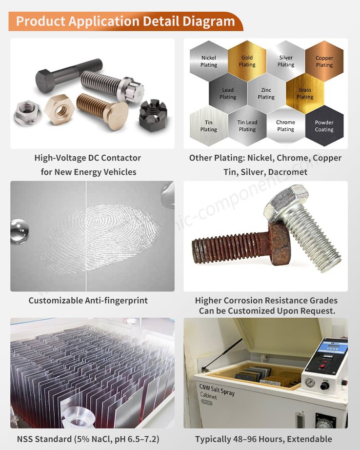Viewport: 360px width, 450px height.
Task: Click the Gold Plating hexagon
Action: point(247,61)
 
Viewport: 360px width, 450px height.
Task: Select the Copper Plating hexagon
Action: point(324,61)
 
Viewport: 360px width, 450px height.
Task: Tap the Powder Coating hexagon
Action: point(324,126)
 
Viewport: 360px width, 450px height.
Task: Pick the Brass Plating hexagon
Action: point(305,93)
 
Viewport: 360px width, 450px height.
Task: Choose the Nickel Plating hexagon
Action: point(208,61)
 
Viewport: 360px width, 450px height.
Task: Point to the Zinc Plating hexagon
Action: point(266,93)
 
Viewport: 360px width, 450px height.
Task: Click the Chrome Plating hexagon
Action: point(285,126)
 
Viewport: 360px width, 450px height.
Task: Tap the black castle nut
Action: point(153,116)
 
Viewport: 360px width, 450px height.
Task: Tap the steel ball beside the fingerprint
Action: point(20,230)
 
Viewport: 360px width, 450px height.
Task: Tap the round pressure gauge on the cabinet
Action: point(310,382)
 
